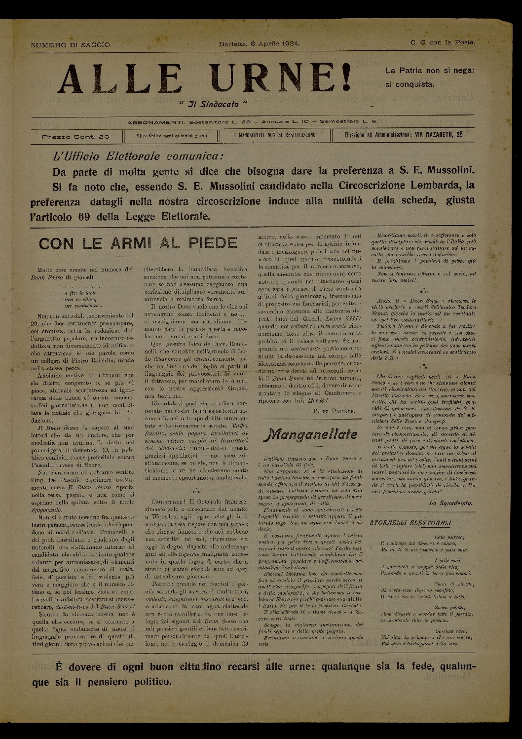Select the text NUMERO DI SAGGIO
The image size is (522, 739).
pyautogui.click(x=71, y=44)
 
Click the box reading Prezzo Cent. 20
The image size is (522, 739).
pyautogui.click(x=75, y=136)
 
